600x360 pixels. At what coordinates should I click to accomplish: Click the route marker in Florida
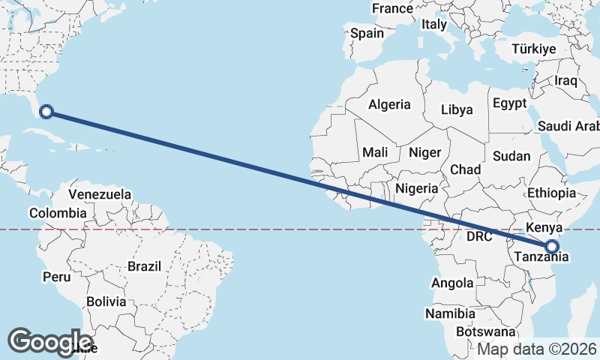point(46,112)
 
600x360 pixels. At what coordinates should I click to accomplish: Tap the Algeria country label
point(389,105)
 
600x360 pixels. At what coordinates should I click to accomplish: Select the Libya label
point(457,109)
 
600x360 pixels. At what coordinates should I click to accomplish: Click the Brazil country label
point(145,266)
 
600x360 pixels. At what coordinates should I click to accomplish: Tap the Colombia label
point(57,213)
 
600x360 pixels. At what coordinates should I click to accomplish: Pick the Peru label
point(56,277)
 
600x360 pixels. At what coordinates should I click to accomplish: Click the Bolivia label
point(106,301)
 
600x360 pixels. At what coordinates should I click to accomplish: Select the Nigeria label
point(416,188)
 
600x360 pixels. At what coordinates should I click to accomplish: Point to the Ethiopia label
point(551,193)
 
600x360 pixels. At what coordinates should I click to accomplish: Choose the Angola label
point(452,283)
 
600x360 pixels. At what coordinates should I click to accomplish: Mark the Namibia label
point(450,313)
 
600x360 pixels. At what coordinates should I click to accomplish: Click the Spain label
point(367,33)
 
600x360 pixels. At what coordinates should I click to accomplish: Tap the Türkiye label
point(534,49)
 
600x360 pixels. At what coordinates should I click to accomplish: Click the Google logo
point(50,341)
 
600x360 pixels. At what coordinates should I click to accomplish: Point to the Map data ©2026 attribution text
point(537,349)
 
